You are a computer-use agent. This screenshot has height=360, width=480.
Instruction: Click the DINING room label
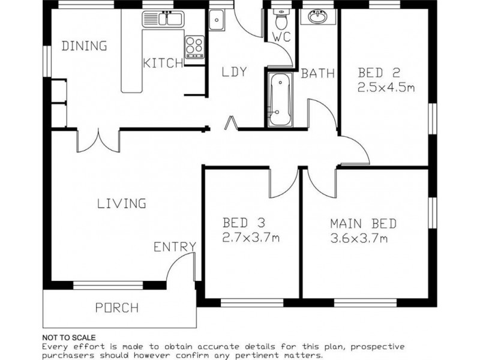(85, 46)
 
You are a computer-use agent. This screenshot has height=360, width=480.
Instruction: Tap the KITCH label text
(163, 63)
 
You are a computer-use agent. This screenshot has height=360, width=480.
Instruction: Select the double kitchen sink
(163, 20)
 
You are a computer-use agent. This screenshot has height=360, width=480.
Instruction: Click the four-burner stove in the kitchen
(194, 46)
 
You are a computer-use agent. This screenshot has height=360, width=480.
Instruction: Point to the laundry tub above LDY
(216, 20)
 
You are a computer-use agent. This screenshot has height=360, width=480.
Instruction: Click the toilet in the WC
(280, 22)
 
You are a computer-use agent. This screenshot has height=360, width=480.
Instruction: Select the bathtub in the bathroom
(278, 100)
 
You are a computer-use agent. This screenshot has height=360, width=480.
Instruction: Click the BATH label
(317, 74)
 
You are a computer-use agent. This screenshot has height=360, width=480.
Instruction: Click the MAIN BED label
(363, 224)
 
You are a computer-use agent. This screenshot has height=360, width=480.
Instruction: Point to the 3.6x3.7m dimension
(358, 238)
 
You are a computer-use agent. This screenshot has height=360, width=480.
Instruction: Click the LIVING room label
(122, 203)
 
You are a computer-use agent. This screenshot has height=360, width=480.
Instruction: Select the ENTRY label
(175, 246)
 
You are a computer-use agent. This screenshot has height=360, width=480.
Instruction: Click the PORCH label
(117, 308)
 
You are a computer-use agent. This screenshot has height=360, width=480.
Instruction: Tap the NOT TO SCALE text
(69, 338)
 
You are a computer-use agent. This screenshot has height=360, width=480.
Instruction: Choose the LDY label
(234, 72)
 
